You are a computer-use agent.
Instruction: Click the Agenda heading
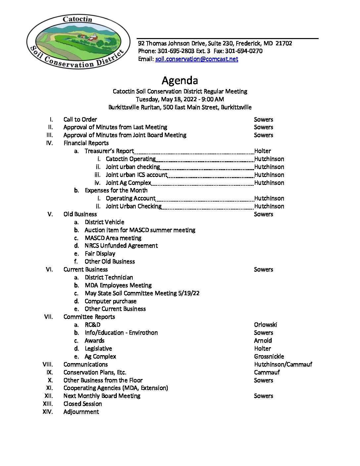(x=180, y=80)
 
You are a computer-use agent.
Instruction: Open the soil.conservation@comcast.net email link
(x=197, y=59)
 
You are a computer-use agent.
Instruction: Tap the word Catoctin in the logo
(x=77, y=19)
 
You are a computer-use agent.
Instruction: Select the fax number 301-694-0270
(x=244, y=51)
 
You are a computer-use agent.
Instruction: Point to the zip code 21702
(x=284, y=43)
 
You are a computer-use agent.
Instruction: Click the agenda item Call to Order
(x=80, y=119)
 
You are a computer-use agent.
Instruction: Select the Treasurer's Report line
(x=109, y=151)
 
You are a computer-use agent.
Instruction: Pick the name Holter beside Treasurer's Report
(x=262, y=151)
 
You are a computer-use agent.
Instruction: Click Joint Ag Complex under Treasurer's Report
(x=128, y=183)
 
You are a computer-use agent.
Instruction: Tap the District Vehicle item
(x=105, y=222)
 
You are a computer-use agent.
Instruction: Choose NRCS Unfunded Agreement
(x=121, y=246)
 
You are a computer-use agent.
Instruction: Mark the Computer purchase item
(x=111, y=301)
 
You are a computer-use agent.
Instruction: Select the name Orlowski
(x=265, y=325)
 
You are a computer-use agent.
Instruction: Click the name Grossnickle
(x=269, y=356)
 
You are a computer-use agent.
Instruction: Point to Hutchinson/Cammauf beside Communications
(x=283, y=364)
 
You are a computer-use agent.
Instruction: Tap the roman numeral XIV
(x=48, y=412)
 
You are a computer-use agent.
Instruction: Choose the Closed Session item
(x=83, y=404)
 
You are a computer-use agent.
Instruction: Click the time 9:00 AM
(x=212, y=99)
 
